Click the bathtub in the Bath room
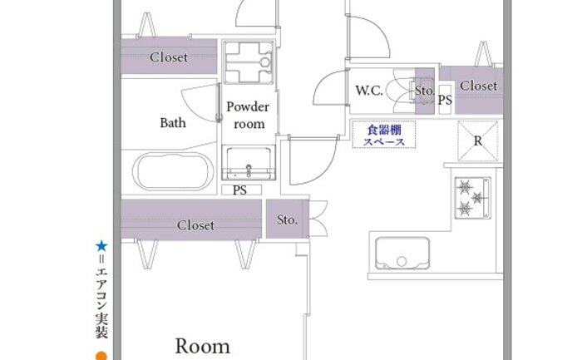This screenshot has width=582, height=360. pyautogui.click(x=173, y=171)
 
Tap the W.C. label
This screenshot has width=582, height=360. pyautogui.click(x=369, y=91)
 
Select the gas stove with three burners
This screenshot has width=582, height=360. pyautogui.click(x=473, y=198)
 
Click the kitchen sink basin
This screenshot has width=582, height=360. pyautogui.click(x=402, y=253)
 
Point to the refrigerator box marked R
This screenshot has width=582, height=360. pyautogui.click(x=478, y=141)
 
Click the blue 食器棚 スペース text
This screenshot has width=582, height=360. pyautogui.click(x=384, y=136)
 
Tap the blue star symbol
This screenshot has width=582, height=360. pyautogui.click(x=101, y=246)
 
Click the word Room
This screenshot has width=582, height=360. pyautogui.click(x=202, y=346)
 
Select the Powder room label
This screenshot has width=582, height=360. pyautogui.click(x=248, y=115)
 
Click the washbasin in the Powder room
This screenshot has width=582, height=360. pyautogui.click(x=249, y=163)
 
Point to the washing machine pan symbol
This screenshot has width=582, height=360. pyautogui.click(x=249, y=62)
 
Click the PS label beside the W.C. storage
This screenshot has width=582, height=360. pyautogui.click(x=445, y=100)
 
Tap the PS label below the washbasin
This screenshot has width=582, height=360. pyautogui.click(x=239, y=190)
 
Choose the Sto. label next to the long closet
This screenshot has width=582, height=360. pyautogui.click(x=288, y=219)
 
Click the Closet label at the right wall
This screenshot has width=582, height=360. pyautogui.click(x=478, y=86)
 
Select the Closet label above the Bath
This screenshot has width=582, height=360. pyautogui.click(x=169, y=57)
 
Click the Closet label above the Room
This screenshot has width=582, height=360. pyautogui.click(x=195, y=225)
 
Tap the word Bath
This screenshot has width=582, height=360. pyautogui.click(x=173, y=122)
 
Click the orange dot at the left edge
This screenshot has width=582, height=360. pyautogui.click(x=101, y=356)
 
